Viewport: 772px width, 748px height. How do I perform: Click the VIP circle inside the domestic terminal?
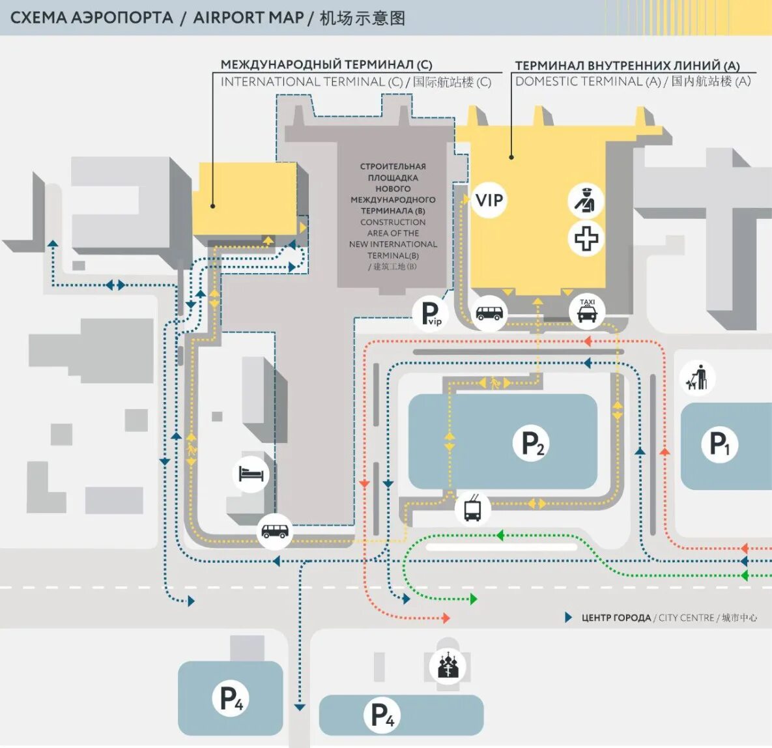(489, 200)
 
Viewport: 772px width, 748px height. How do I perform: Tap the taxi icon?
(587, 311)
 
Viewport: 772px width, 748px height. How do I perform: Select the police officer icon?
(586, 200)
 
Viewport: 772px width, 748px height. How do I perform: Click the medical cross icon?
(586, 238)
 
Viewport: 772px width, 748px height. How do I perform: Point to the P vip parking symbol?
(431, 313)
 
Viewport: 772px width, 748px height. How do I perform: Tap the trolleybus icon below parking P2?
(473, 508)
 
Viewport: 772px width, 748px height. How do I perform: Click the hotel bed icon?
(251, 473)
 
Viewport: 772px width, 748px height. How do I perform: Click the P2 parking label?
(533, 443)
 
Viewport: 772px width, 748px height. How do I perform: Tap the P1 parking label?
(719, 444)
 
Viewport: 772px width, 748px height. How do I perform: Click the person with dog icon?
(696, 378)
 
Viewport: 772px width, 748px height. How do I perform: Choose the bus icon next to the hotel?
(274, 531)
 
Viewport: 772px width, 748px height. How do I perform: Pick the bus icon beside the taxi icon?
(489, 313)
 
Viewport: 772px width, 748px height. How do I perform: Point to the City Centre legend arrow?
(568, 617)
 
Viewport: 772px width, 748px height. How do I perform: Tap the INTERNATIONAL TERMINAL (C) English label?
(311, 82)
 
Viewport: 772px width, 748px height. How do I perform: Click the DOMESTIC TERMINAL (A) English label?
(588, 81)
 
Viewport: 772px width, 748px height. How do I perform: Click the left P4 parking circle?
(231, 698)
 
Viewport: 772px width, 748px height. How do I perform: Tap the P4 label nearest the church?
(382, 715)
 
